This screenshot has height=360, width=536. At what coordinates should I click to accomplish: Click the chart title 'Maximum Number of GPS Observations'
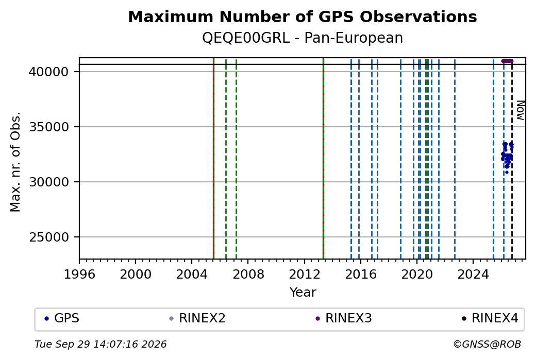click(303, 16)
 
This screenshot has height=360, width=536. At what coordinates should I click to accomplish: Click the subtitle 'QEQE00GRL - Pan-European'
click(303, 38)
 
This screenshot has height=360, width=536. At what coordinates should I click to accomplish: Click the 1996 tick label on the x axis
click(79, 275)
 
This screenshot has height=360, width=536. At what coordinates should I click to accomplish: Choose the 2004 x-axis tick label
click(192, 275)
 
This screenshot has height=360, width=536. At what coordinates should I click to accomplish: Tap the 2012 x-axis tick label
click(304, 275)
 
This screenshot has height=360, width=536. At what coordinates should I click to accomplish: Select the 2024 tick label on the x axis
click(473, 275)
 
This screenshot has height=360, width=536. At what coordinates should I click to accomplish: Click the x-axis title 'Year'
click(303, 293)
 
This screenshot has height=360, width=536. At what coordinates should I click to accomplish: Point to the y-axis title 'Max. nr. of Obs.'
click(15, 162)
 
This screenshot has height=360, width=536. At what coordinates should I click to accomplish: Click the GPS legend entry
click(62, 318)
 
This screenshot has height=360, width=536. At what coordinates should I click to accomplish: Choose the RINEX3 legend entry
click(344, 318)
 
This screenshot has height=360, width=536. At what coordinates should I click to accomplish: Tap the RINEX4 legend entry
click(490, 318)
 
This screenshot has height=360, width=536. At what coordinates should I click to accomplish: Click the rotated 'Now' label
click(520, 110)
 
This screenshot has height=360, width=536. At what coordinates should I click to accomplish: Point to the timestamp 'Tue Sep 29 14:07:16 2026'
click(100, 344)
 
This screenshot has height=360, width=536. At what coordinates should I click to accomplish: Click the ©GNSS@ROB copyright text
click(487, 344)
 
